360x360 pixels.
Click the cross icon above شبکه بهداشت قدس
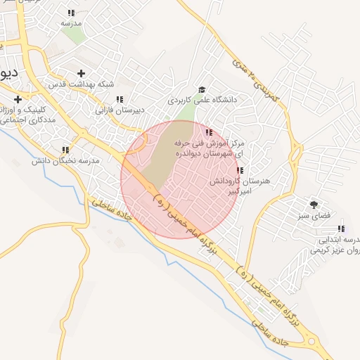[81, 73]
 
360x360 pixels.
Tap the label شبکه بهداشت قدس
[81, 84]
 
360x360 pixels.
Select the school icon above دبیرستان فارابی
[120, 99]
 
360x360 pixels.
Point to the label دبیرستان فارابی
[120, 110]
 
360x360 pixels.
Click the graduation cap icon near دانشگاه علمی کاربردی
[202, 89]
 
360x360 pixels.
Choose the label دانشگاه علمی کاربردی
[202, 101]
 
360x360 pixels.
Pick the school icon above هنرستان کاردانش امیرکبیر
[240, 170]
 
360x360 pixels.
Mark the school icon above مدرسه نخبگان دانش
[65, 150]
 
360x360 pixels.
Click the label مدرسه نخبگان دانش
[65, 161]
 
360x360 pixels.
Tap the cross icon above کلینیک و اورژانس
[17, 99]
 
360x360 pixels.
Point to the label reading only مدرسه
[71, 23]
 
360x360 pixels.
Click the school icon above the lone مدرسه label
[71, 13]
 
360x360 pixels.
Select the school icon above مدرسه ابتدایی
[341, 228]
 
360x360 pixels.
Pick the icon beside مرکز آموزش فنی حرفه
[208, 131]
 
